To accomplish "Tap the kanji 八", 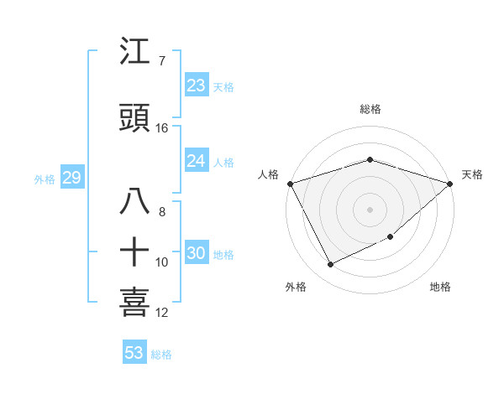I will point(136,201).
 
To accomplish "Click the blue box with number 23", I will point(196,86).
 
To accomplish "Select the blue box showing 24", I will point(196,161).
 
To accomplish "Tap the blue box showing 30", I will point(196,253).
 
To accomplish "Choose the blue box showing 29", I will point(71,178).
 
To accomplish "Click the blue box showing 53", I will point(134,353).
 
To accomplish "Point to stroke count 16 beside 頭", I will point(162,128).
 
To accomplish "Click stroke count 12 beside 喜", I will point(162,313).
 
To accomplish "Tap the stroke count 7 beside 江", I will point(161,61).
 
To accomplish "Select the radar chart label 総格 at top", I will point(370,109).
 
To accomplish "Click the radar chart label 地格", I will point(440,287).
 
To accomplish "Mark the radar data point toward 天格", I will point(450,184).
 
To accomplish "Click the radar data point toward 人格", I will point(290,184).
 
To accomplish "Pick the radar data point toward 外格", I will point(330,265).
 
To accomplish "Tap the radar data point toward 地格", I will point(391,237).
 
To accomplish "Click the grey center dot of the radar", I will point(370,209).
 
